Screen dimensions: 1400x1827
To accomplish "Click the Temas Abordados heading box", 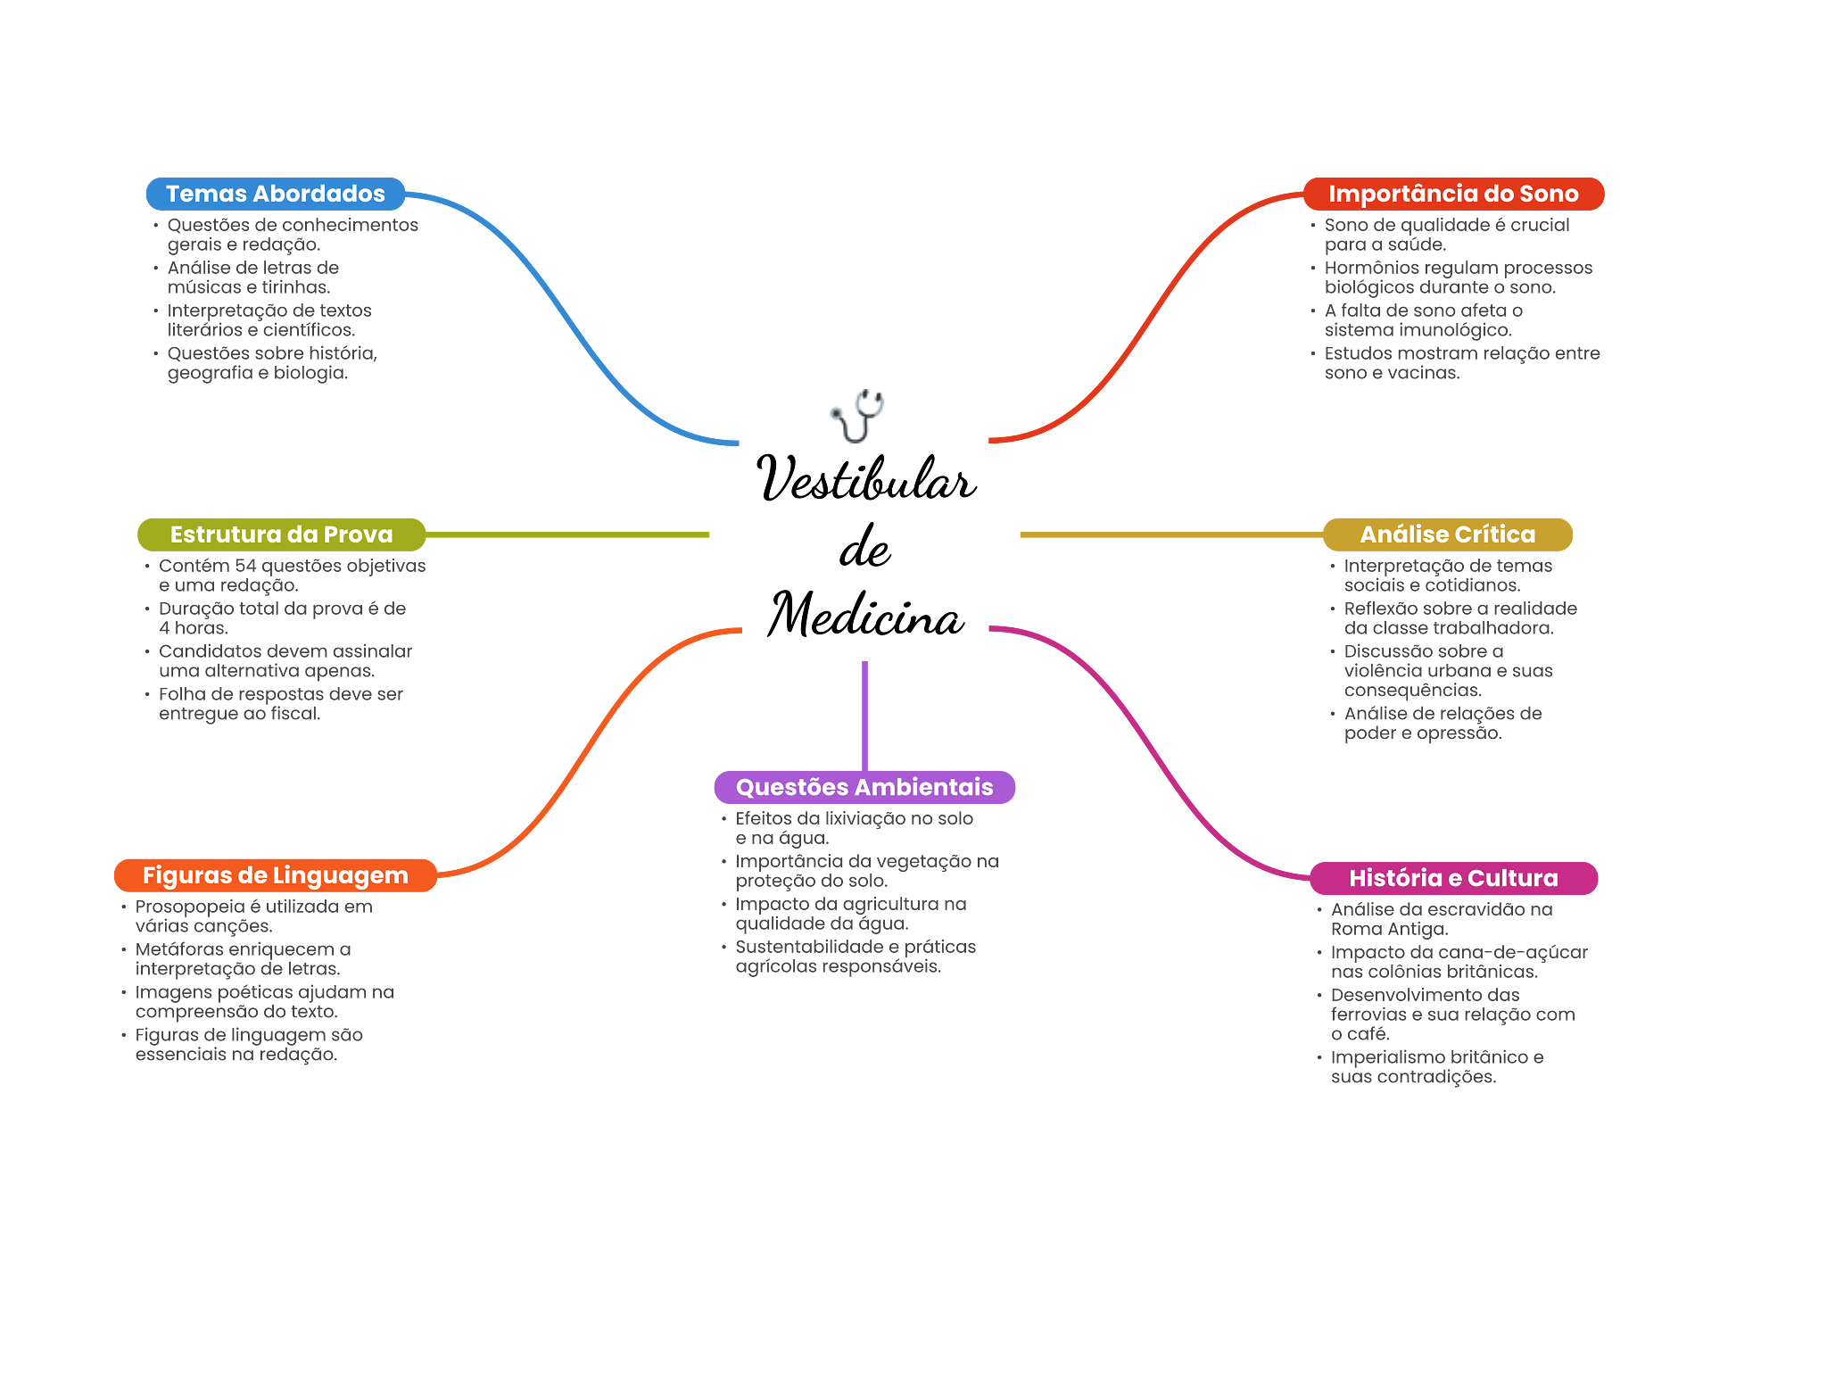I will click(x=276, y=194).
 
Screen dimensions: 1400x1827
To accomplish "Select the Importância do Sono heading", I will click(x=1453, y=194).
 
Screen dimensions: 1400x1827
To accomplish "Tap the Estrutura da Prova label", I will click(x=281, y=534).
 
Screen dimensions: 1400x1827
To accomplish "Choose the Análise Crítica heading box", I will click(x=1447, y=534).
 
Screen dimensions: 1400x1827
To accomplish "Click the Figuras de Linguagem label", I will click(x=275, y=875).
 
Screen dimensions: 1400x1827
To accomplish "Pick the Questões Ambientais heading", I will click(x=864, y=787).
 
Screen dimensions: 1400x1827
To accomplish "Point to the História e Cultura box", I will click(x=1453, y=878).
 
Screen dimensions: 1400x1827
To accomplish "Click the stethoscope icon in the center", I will click(x=857, y=416).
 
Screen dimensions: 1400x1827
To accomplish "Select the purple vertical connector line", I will click(x=864, y=714).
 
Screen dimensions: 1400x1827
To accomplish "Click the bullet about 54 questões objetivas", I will click(x=292, y=576).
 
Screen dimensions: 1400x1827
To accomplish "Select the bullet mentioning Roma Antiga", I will click(x=1441, y=919).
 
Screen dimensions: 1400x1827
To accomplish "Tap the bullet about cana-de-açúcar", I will click(x=1459, y=962).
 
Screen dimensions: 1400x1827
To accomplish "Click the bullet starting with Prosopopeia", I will click(x=253, y=916).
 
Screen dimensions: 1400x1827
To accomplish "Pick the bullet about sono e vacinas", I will click(x=1461, y=363).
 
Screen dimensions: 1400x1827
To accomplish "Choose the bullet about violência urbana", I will click(x=1448, y=671).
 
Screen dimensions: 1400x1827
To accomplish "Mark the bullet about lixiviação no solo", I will click(x=854, y=828).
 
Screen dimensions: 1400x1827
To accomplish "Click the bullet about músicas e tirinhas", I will click(x=252, y=278).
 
